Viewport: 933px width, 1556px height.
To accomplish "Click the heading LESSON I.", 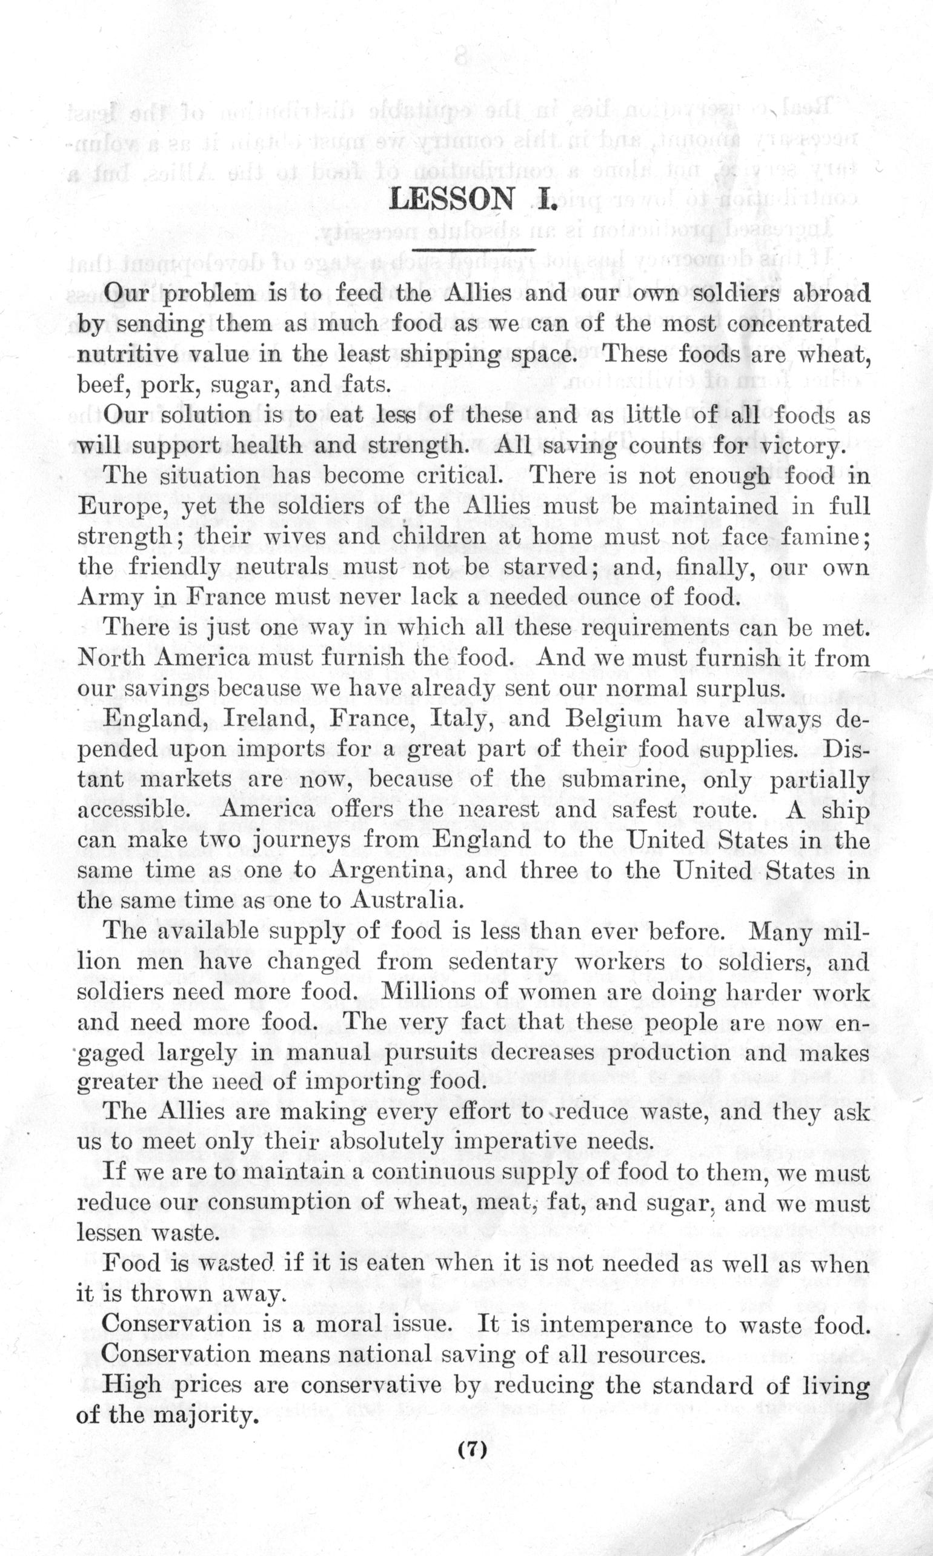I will tap(473, 199).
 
